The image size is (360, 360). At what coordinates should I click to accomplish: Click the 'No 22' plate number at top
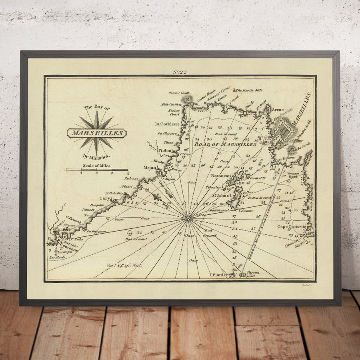point(180,72)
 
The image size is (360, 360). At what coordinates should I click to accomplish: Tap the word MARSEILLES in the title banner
point(97,133)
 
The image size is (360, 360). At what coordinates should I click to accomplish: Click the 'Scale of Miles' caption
point(97,165)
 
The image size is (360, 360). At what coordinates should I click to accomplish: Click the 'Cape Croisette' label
point(292,226)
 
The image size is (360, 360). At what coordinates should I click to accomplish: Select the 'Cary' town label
point(105,198)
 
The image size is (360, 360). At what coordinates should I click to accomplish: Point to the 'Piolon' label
point(165,150)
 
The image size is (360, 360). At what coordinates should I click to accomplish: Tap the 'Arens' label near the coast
point(277,109)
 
